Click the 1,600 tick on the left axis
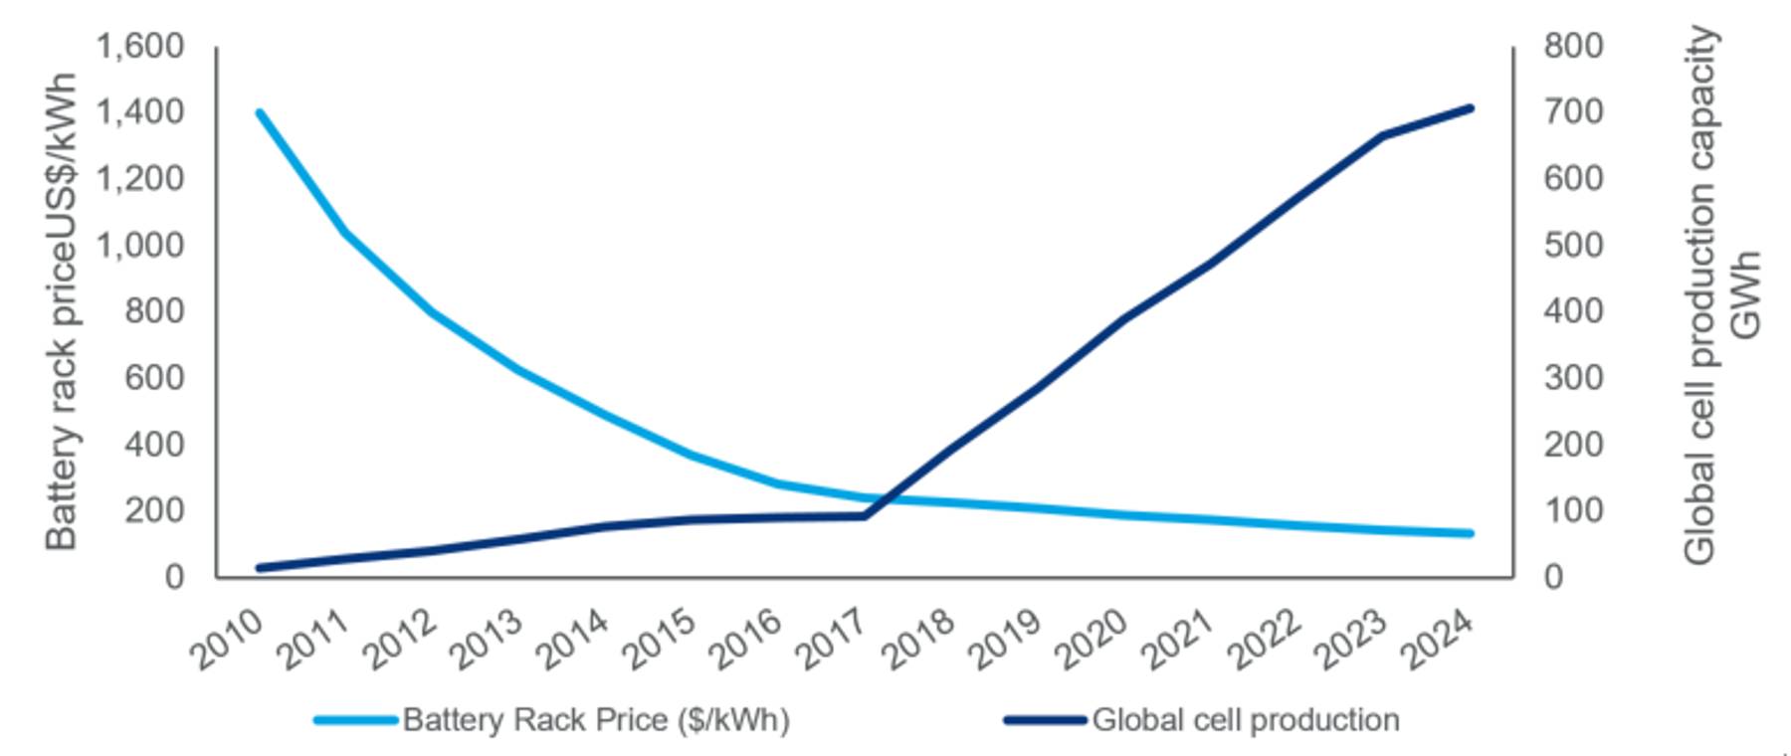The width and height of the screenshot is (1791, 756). (139, 46)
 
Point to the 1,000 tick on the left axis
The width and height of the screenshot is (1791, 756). (139, 245)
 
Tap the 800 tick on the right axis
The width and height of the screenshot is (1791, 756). (1573, 46)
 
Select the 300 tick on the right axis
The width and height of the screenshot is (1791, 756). (1573, 378)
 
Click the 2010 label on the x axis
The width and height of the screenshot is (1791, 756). (228, 638)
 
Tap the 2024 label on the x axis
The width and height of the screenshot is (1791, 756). (1438, 638)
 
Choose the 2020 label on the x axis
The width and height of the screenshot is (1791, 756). (1093, 638)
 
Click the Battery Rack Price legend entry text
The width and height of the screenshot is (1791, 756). (596, 719)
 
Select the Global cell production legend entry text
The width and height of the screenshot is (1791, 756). (1246, 719)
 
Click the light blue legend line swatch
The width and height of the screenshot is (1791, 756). (355, 719)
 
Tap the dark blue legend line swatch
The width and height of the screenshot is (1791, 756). (1045, 719)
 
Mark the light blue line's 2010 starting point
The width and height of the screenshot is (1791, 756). (260, 112)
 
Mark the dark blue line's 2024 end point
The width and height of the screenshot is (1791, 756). (1470, 107)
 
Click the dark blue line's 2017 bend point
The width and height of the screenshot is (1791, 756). (865, 515)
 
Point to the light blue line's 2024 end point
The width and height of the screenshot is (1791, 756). (1470, 533)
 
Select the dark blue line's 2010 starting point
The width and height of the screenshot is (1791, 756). (260, 568)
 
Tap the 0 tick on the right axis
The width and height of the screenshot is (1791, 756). (1553, 577)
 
